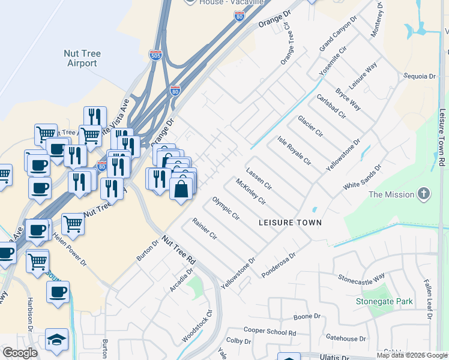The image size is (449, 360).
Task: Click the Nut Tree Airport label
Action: tap(82, 58)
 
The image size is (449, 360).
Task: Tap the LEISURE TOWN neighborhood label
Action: tap(290, 223)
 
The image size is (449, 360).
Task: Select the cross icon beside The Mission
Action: tap(424, 194)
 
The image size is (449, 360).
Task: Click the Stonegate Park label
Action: tap(384, 301)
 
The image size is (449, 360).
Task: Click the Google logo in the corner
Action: tap(20, 353)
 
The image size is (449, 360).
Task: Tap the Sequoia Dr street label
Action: tap(420, 76)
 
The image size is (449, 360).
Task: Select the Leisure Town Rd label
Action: tap(442, 137)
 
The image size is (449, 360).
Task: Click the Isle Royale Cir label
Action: tap(294, 151)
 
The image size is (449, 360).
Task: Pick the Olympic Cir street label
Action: tap(226, 208)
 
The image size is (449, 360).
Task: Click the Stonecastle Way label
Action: tap(361, 277)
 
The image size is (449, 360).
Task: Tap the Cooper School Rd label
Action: tap(270, 331)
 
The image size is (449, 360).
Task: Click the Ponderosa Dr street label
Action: tap(279, 265)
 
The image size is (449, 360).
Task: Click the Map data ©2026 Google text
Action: tap(411, 355)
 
